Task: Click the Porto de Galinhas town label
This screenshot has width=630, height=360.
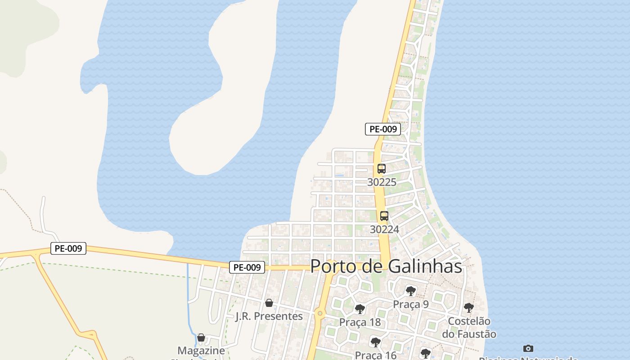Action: [x=386, y=266]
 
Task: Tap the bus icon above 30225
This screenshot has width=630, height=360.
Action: [x=382, y=169]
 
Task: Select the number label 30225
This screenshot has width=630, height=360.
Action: [x=382, y=182]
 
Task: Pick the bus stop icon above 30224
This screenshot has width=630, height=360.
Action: [x=384, y=216]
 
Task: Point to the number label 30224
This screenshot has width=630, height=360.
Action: [x=384, y=229]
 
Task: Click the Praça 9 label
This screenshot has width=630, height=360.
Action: [x=411, y=305]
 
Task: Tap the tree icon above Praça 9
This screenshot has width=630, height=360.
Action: [x=410, y=291]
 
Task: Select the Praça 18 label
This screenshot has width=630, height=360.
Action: [x=360, y=322]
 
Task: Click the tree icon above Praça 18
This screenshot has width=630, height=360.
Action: [x=360, y=309]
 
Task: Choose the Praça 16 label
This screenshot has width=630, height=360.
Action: [x=376, y=355]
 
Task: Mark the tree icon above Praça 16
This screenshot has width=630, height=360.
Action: [x=375, y=342]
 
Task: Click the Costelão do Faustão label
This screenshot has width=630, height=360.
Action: [x=469, y=328]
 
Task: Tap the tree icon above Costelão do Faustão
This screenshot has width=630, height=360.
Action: [x=468, y=308]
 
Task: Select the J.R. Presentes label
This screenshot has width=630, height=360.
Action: [x=269, y=316]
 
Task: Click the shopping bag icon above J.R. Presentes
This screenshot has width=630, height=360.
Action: [x=269, y=303]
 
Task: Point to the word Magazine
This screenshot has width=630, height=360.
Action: [x=201, y=351]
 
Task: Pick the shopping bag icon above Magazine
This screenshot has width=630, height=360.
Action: [x=201, y=337]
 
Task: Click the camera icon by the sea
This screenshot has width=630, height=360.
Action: [x=528, y=348]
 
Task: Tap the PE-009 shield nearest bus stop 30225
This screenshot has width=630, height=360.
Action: [x=382, y=129]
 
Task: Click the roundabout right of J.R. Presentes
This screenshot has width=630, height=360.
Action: [x=320, y=313]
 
